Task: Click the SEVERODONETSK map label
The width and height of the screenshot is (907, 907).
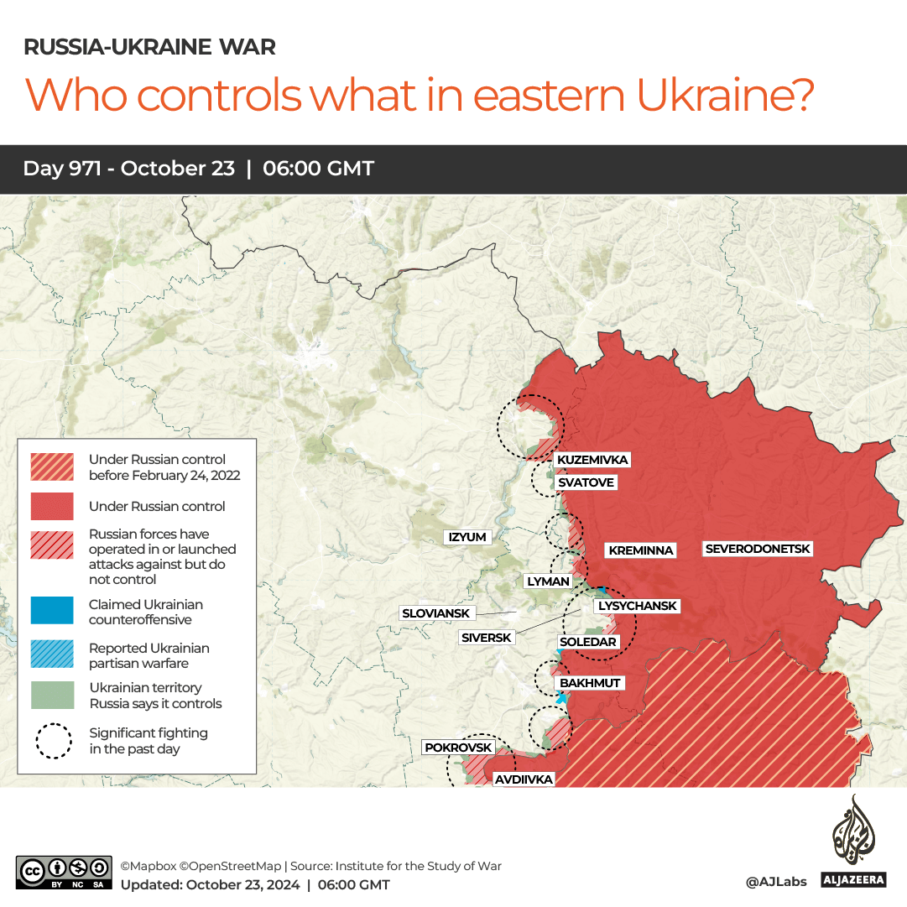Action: pos(758,549)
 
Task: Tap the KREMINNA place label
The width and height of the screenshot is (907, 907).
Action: pos(641,550)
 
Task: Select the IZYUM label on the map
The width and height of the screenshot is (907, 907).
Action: pos(467,537)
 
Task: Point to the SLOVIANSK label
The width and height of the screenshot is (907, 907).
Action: pos(435,613)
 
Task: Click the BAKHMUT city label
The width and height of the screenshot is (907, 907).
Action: pos(590,683)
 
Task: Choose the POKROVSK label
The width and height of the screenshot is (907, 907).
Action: pos(458,748)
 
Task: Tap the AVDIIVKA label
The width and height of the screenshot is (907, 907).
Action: pos(524,779)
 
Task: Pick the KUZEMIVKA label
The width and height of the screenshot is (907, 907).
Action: pos(592,460)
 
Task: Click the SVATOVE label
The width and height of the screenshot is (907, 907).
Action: pos(586,482)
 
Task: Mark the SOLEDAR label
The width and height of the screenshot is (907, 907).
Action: pos(588,642)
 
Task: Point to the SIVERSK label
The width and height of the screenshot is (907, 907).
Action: pos(487,638)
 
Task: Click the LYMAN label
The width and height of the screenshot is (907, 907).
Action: pos(548,581)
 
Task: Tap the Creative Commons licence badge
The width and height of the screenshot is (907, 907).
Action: pos(63,872)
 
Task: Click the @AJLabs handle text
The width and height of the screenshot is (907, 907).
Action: pos(775,882)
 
